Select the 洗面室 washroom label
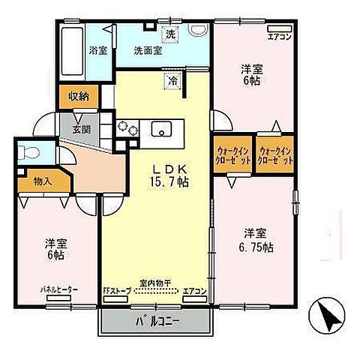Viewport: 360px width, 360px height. click(x=148, y=51)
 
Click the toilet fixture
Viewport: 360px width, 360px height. click(x=26, y=151)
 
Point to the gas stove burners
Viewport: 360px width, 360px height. click(x=124, y=129)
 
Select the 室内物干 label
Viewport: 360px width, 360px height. click(x=156, y=283)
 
